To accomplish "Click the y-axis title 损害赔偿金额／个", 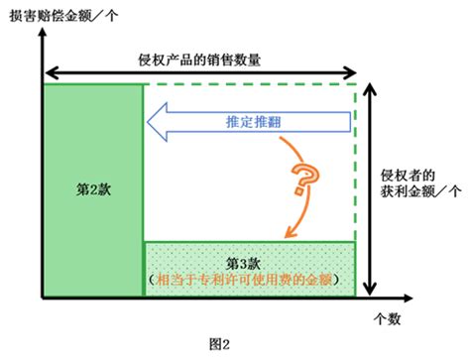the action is (x=63, y=16).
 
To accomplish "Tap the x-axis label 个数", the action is (x=387, y=319).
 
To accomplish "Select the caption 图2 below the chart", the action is (x=219, y=344).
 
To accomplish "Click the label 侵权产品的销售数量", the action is (x=199, y=60).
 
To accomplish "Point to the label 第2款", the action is (x=93, y=189).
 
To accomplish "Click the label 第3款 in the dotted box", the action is (x=243, y=264).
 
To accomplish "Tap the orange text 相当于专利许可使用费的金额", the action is (x=244, y=280).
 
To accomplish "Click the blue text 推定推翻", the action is (x=254, y=122).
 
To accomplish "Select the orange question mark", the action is (x=304, y=179).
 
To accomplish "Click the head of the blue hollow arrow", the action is (x=157, y=122).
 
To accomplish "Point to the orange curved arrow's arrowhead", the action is (x=290, y=232).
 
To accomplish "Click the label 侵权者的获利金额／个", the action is (x=420, y=183).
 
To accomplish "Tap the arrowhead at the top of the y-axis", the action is (x=42, y=33).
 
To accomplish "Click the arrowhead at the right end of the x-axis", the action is (x=408, y=298).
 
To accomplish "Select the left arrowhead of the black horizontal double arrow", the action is (x=52, y=72).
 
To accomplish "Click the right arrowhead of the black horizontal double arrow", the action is (x=350, y=72).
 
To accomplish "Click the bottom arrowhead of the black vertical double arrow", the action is (x=370, y=289).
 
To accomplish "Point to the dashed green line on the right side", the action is (x=356, y=163).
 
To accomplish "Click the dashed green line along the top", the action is (x=250, y=84).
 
